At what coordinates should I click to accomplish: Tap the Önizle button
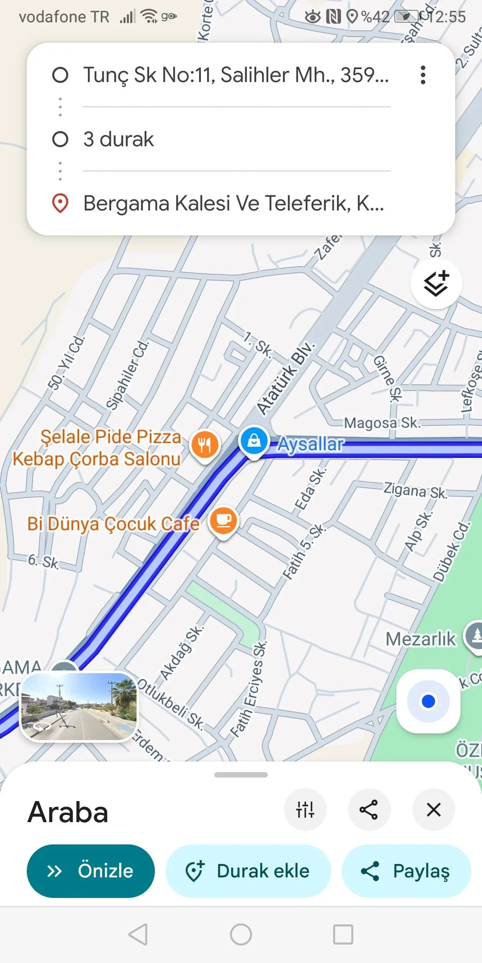(x=90, y=871)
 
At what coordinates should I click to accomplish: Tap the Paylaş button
(x=406, y=871)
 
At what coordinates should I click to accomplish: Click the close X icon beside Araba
(x=433, y=810)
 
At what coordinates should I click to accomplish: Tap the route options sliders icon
(x=305, y=810)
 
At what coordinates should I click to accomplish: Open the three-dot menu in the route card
(x=423, y=75)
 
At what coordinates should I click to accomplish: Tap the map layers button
(x=436, y=284)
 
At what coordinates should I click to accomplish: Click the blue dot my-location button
(x=428, y=701)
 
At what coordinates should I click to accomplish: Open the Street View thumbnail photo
(x=79, y=707)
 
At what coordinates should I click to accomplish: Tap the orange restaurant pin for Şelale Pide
(x=205, y=444)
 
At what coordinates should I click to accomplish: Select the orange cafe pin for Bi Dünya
(x=224, y=521)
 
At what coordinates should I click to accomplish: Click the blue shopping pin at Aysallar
(x=254, y=441)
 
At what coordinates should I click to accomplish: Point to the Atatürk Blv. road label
(x=286, y=379)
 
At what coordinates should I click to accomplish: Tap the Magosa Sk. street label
(x=381, y=423)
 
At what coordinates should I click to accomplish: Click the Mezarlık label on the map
(x=421, y=639)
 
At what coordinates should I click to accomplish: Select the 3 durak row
(x=119, y=139)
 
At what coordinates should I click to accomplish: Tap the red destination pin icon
(x=60, y=203)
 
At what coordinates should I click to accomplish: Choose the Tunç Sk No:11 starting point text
(x=236, y=75)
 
